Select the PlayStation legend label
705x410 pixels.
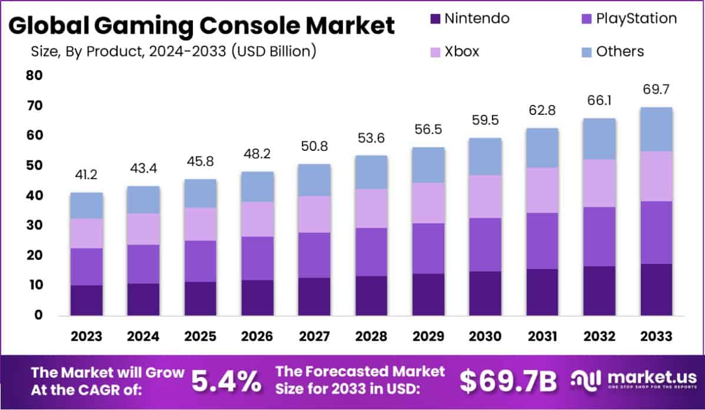coord(636,18)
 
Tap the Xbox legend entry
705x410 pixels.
coord(461,51)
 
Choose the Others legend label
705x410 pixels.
coord(620,51)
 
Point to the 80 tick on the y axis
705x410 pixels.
coord(34,75)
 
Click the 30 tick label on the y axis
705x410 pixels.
coord(34,226)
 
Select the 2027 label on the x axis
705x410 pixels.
coord(314,336)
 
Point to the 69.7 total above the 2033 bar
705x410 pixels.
coord(657,91)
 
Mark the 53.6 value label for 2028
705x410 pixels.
coord(371,140)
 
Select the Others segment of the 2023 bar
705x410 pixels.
coord(86,206)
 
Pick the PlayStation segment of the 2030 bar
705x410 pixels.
coord(485,245)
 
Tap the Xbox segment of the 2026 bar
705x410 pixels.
coord(257,219)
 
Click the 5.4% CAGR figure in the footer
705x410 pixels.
coord(227,382)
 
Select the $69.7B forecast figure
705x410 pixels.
coord(508,382)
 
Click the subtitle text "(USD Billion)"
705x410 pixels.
coord(274,51)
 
